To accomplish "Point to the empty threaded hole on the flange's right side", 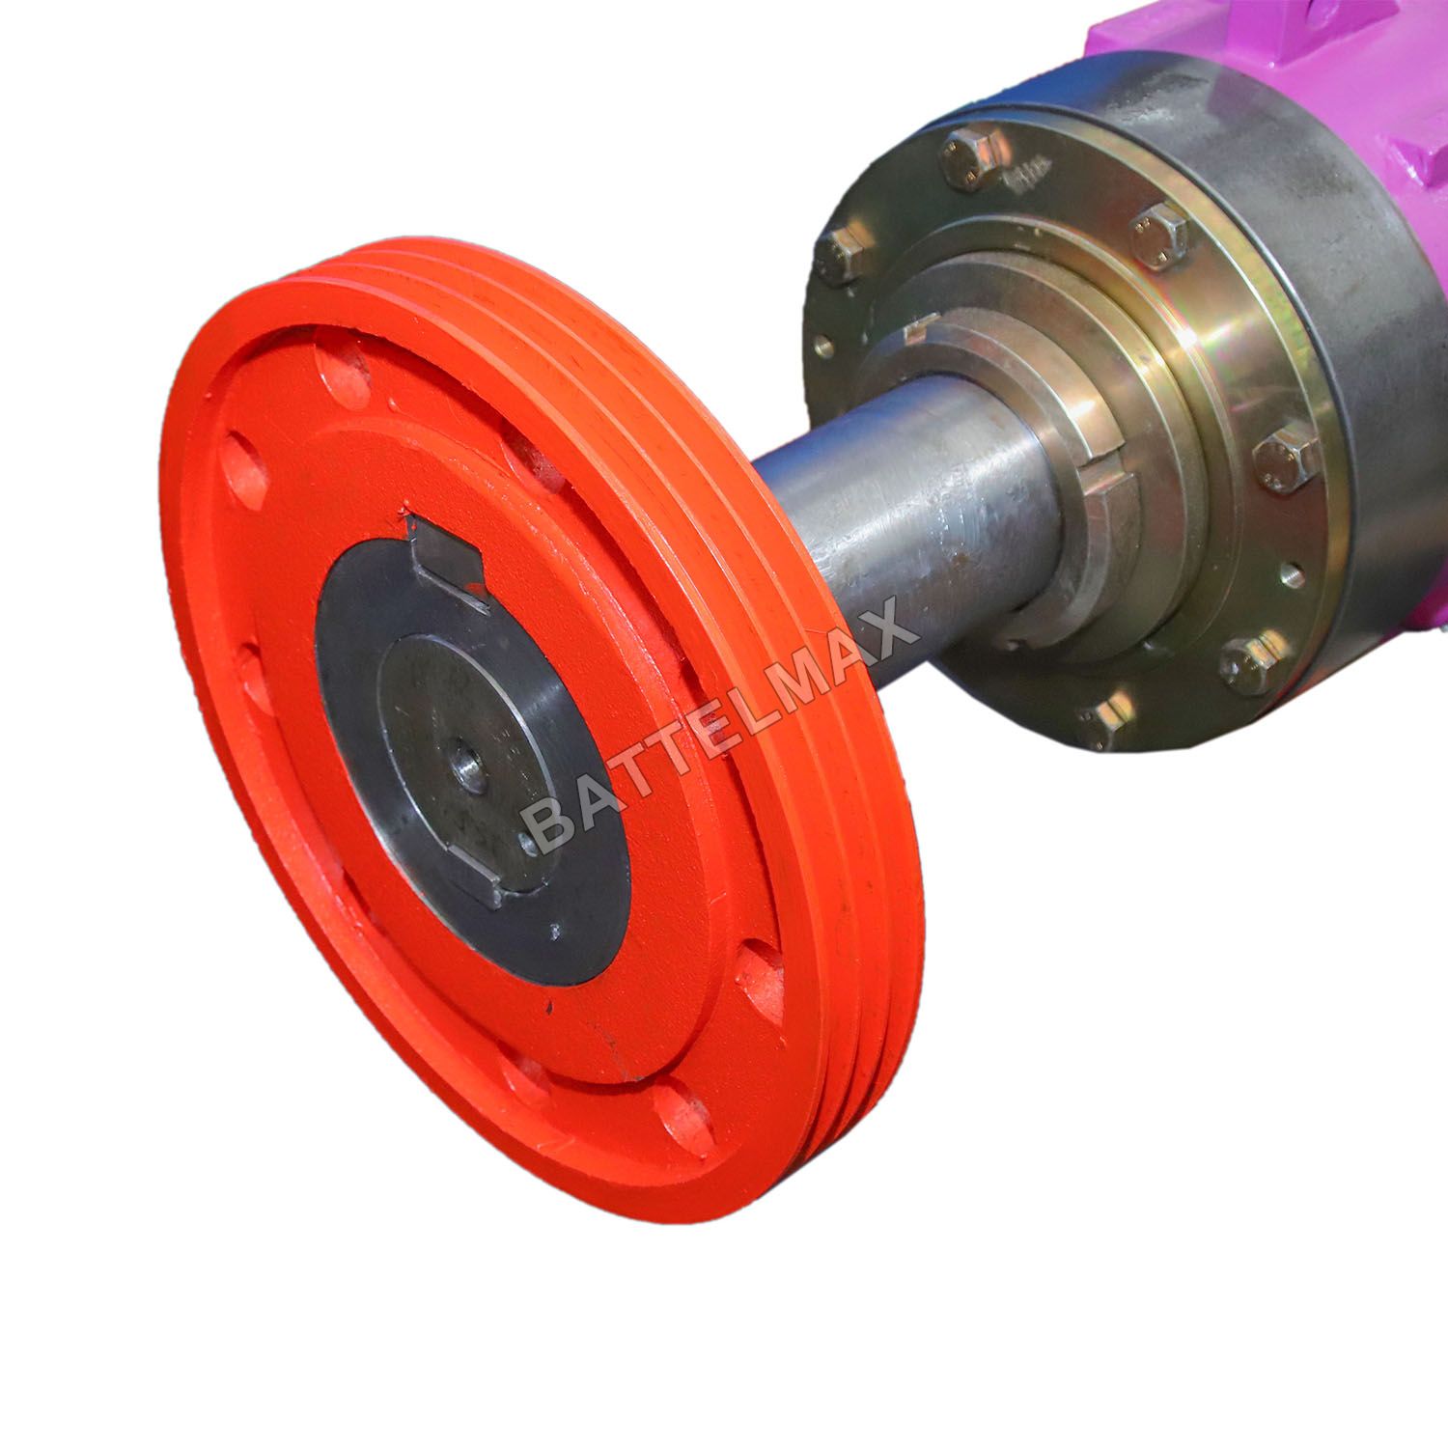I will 1287,579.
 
